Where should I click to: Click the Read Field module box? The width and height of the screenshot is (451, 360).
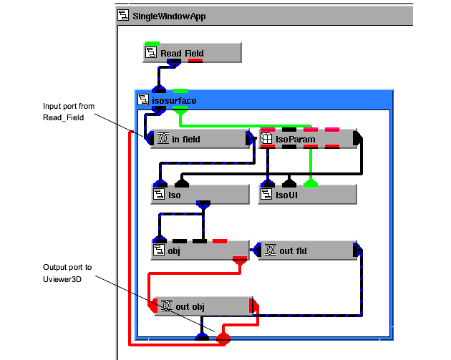(x=192, y=53)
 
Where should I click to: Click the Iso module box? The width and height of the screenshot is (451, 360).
(x=190, y=194)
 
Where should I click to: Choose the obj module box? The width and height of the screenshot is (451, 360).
(x=200, y=250)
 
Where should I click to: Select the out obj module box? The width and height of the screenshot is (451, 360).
(x=203, y=306)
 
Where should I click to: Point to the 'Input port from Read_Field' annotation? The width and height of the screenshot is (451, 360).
(x=69, y=112)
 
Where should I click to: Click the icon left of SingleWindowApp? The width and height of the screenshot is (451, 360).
(x=124, y=15)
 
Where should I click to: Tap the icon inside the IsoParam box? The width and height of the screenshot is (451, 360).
(x=266, y=139)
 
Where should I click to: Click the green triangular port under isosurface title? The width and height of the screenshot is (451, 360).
(x=180, y=111)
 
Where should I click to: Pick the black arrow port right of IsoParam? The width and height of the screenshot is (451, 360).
(x=359, y=139)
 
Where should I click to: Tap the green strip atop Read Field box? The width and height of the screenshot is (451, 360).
(x=152, y=44)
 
